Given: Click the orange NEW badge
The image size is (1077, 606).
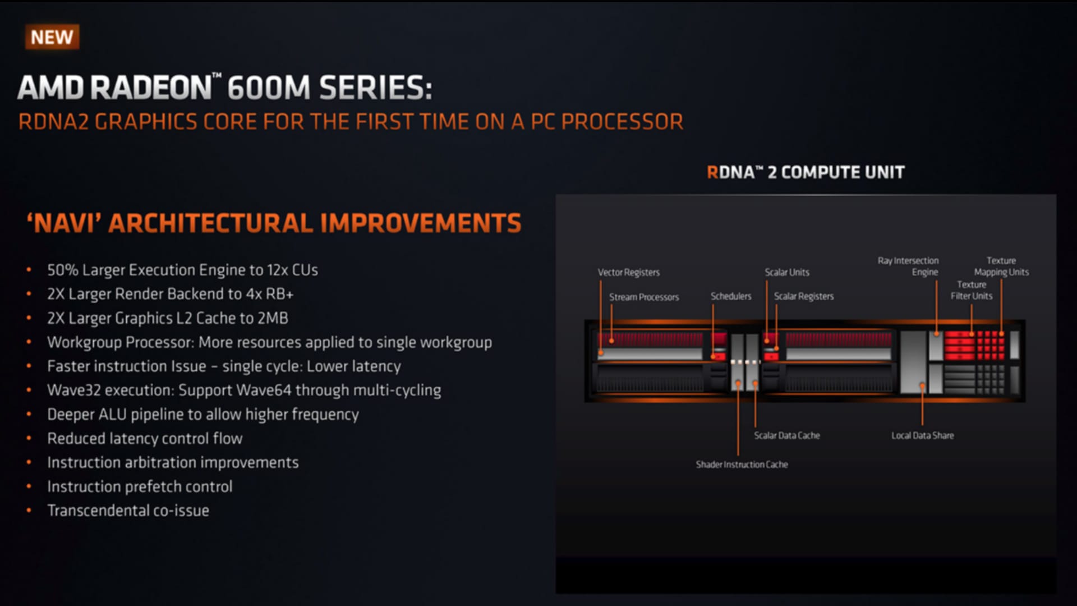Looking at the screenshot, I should point(52,37).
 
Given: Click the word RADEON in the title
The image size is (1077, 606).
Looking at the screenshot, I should point(151,88).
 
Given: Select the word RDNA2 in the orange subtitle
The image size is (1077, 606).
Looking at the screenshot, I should point(53,122).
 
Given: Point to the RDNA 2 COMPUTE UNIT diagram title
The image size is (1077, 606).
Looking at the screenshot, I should point(806,172).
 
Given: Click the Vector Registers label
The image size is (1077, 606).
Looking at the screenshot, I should point(628,272).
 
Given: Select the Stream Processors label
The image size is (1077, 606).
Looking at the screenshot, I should point(644,297).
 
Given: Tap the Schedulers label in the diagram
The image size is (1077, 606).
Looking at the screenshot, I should point(730,296).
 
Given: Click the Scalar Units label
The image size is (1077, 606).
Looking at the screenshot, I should point(787,272).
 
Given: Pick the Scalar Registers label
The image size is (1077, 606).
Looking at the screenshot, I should point(803,296).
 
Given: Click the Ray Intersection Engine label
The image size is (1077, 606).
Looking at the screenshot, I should point(909,266).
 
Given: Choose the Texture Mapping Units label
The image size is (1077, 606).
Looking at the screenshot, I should point(1001,266).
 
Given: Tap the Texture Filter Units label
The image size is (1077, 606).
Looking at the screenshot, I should point(972,290).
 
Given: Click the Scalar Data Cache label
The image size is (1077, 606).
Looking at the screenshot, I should point(786,435).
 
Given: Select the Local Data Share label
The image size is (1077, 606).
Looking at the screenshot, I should point(922,435).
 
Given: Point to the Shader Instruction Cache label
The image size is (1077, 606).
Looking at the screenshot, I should point(742,465).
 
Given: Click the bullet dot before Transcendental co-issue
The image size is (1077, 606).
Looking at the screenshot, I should point(29,511).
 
